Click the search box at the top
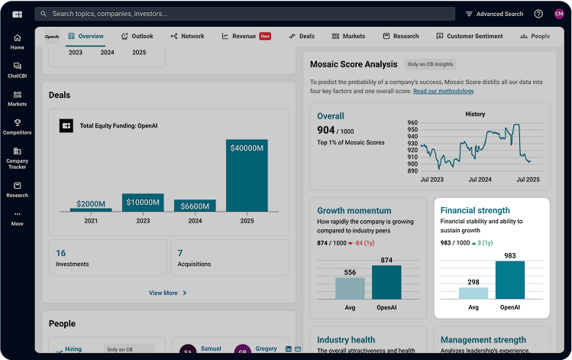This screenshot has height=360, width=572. click(x=244, y=14)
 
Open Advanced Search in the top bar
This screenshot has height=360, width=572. click(x=494, y=14)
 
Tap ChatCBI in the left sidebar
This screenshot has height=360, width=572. click(x=18, y=70)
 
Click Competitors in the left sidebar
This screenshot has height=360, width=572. click(x=18, y=126)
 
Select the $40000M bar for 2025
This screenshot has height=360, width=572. click(x=247, y=175)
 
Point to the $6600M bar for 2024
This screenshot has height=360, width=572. click(x=195, y=205)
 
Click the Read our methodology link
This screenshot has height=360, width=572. click(x=443, y=91)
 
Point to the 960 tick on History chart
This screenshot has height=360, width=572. click(x=412, y=122)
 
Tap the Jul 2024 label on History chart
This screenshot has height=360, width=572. click(x=479, y=179)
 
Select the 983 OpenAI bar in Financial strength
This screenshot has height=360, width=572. click(x=509, y=280)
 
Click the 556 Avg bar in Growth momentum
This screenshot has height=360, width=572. click(x=350, y=288)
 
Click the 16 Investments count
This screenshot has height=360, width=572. click(x=61, y=253)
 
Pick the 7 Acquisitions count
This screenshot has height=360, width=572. click(x=180, y=253)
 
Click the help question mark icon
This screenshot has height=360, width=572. click(x=538, y=14)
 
